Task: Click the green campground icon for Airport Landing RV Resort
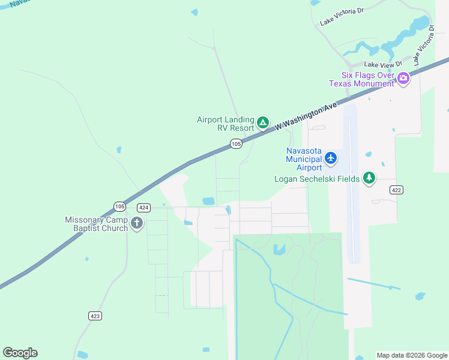point(262,123)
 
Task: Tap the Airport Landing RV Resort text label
point(225,124)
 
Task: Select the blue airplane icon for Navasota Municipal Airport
point(331,158)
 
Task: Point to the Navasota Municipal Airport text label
point(304,158)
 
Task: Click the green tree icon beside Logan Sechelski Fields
point(369,178)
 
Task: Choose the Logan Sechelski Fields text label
point(317,179)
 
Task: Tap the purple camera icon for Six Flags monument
point(403,77)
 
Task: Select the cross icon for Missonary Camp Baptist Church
point(137,224)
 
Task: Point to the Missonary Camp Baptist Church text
point(97,224)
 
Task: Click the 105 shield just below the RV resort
point(236,143)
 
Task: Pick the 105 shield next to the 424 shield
point(119,206)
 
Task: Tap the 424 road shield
point(143,208)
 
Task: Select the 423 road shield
point(95,316)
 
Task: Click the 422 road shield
point(396,190)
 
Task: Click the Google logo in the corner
point(20,353)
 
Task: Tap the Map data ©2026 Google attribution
point(412,355)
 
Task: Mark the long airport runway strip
point(352,186)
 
